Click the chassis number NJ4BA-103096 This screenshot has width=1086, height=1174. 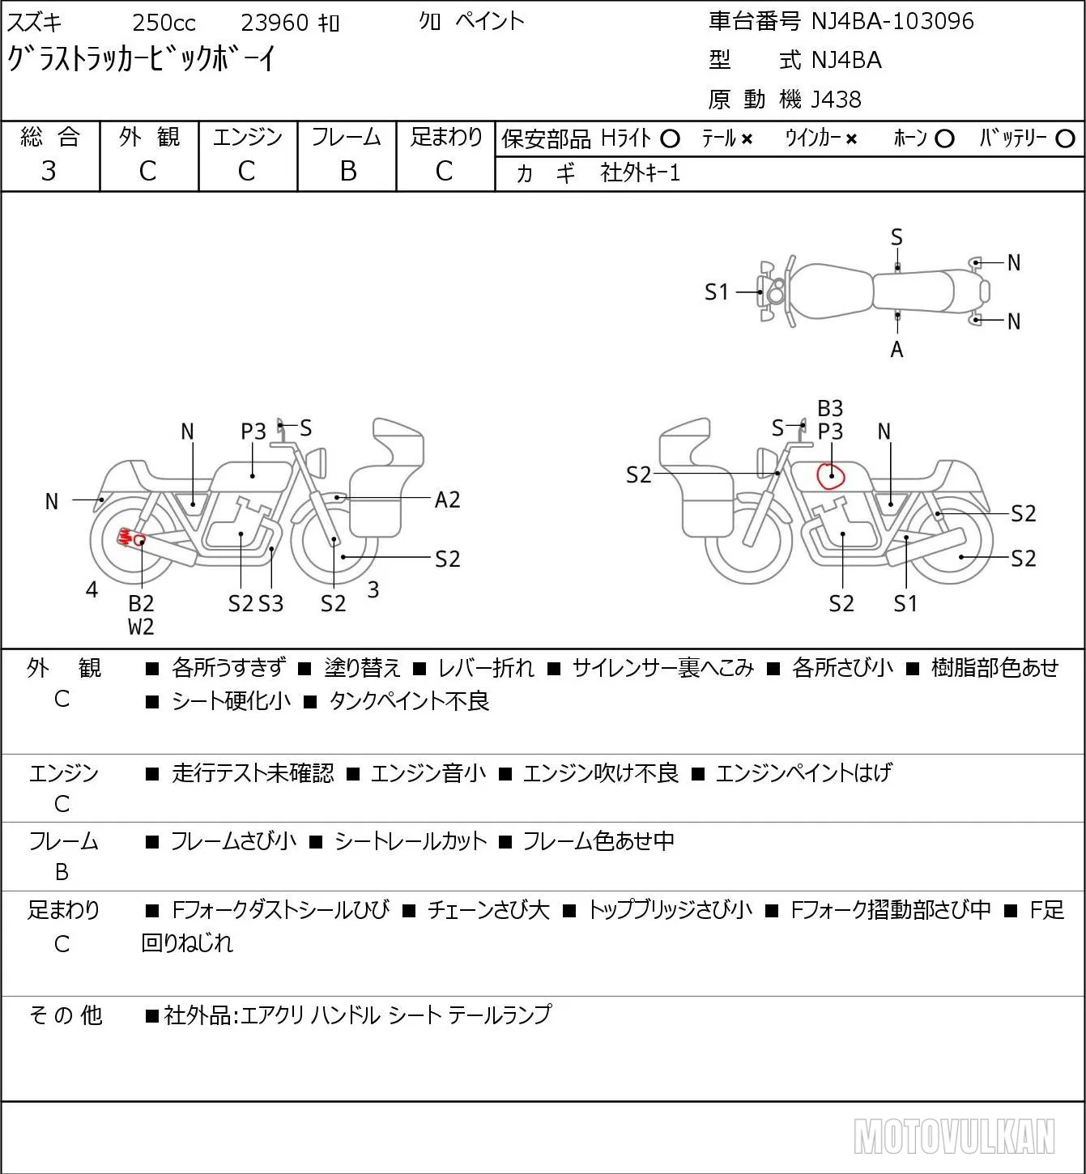892,21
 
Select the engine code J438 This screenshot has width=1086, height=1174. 836,100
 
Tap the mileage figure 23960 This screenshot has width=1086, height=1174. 275,23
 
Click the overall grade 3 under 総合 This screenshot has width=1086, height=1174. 49,171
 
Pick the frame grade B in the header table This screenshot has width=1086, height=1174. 347,171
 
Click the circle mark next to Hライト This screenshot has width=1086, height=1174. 670,139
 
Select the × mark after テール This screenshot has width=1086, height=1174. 747,139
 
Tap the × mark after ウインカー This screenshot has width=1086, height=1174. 851,139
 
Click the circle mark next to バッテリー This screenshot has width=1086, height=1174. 1065,139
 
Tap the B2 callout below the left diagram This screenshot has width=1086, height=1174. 141,603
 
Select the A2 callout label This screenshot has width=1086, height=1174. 447,500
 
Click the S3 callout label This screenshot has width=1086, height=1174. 271,603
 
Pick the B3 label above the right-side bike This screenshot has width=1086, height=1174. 830,409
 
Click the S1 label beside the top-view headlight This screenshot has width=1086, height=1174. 717,292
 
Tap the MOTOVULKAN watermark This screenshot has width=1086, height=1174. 954,1136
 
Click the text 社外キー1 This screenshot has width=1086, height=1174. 640,173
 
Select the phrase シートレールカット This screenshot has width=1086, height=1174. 411,841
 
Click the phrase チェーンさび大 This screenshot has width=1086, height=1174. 488,910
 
